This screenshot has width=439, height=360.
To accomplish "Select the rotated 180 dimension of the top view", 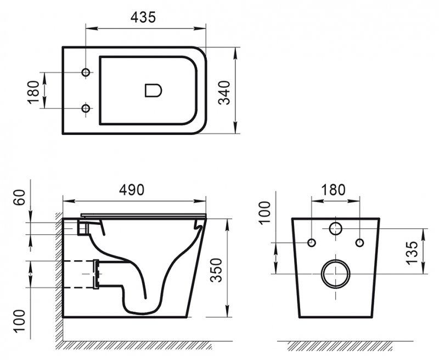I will (34, 91).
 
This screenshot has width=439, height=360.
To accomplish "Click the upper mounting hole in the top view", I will (86, 73).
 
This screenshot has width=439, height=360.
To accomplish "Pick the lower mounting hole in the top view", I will (86, 109).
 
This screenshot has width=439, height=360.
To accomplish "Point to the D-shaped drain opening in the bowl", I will (153, 91).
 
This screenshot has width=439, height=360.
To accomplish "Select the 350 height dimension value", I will (218, 269).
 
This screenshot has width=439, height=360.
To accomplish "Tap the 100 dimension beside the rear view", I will (265, 212).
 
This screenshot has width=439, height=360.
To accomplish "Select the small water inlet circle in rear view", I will (335, 229).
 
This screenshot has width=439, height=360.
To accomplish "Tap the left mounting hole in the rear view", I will (312, 243).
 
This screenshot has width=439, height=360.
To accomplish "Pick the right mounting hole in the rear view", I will (359, 243).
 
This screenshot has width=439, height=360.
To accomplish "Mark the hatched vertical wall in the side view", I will (58, 274).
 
